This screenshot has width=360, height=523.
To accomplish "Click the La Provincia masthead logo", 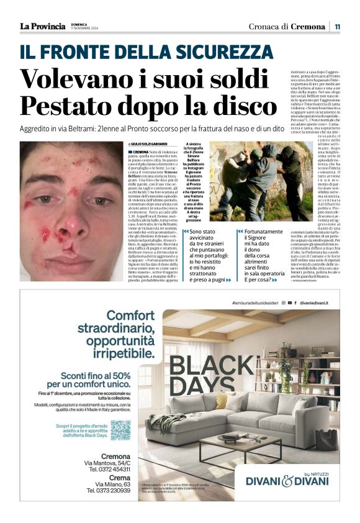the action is coord(42,26).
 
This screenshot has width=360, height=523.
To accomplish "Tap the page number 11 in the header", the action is coord(337,27).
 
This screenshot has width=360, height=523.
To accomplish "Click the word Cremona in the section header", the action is coord(308,27).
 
